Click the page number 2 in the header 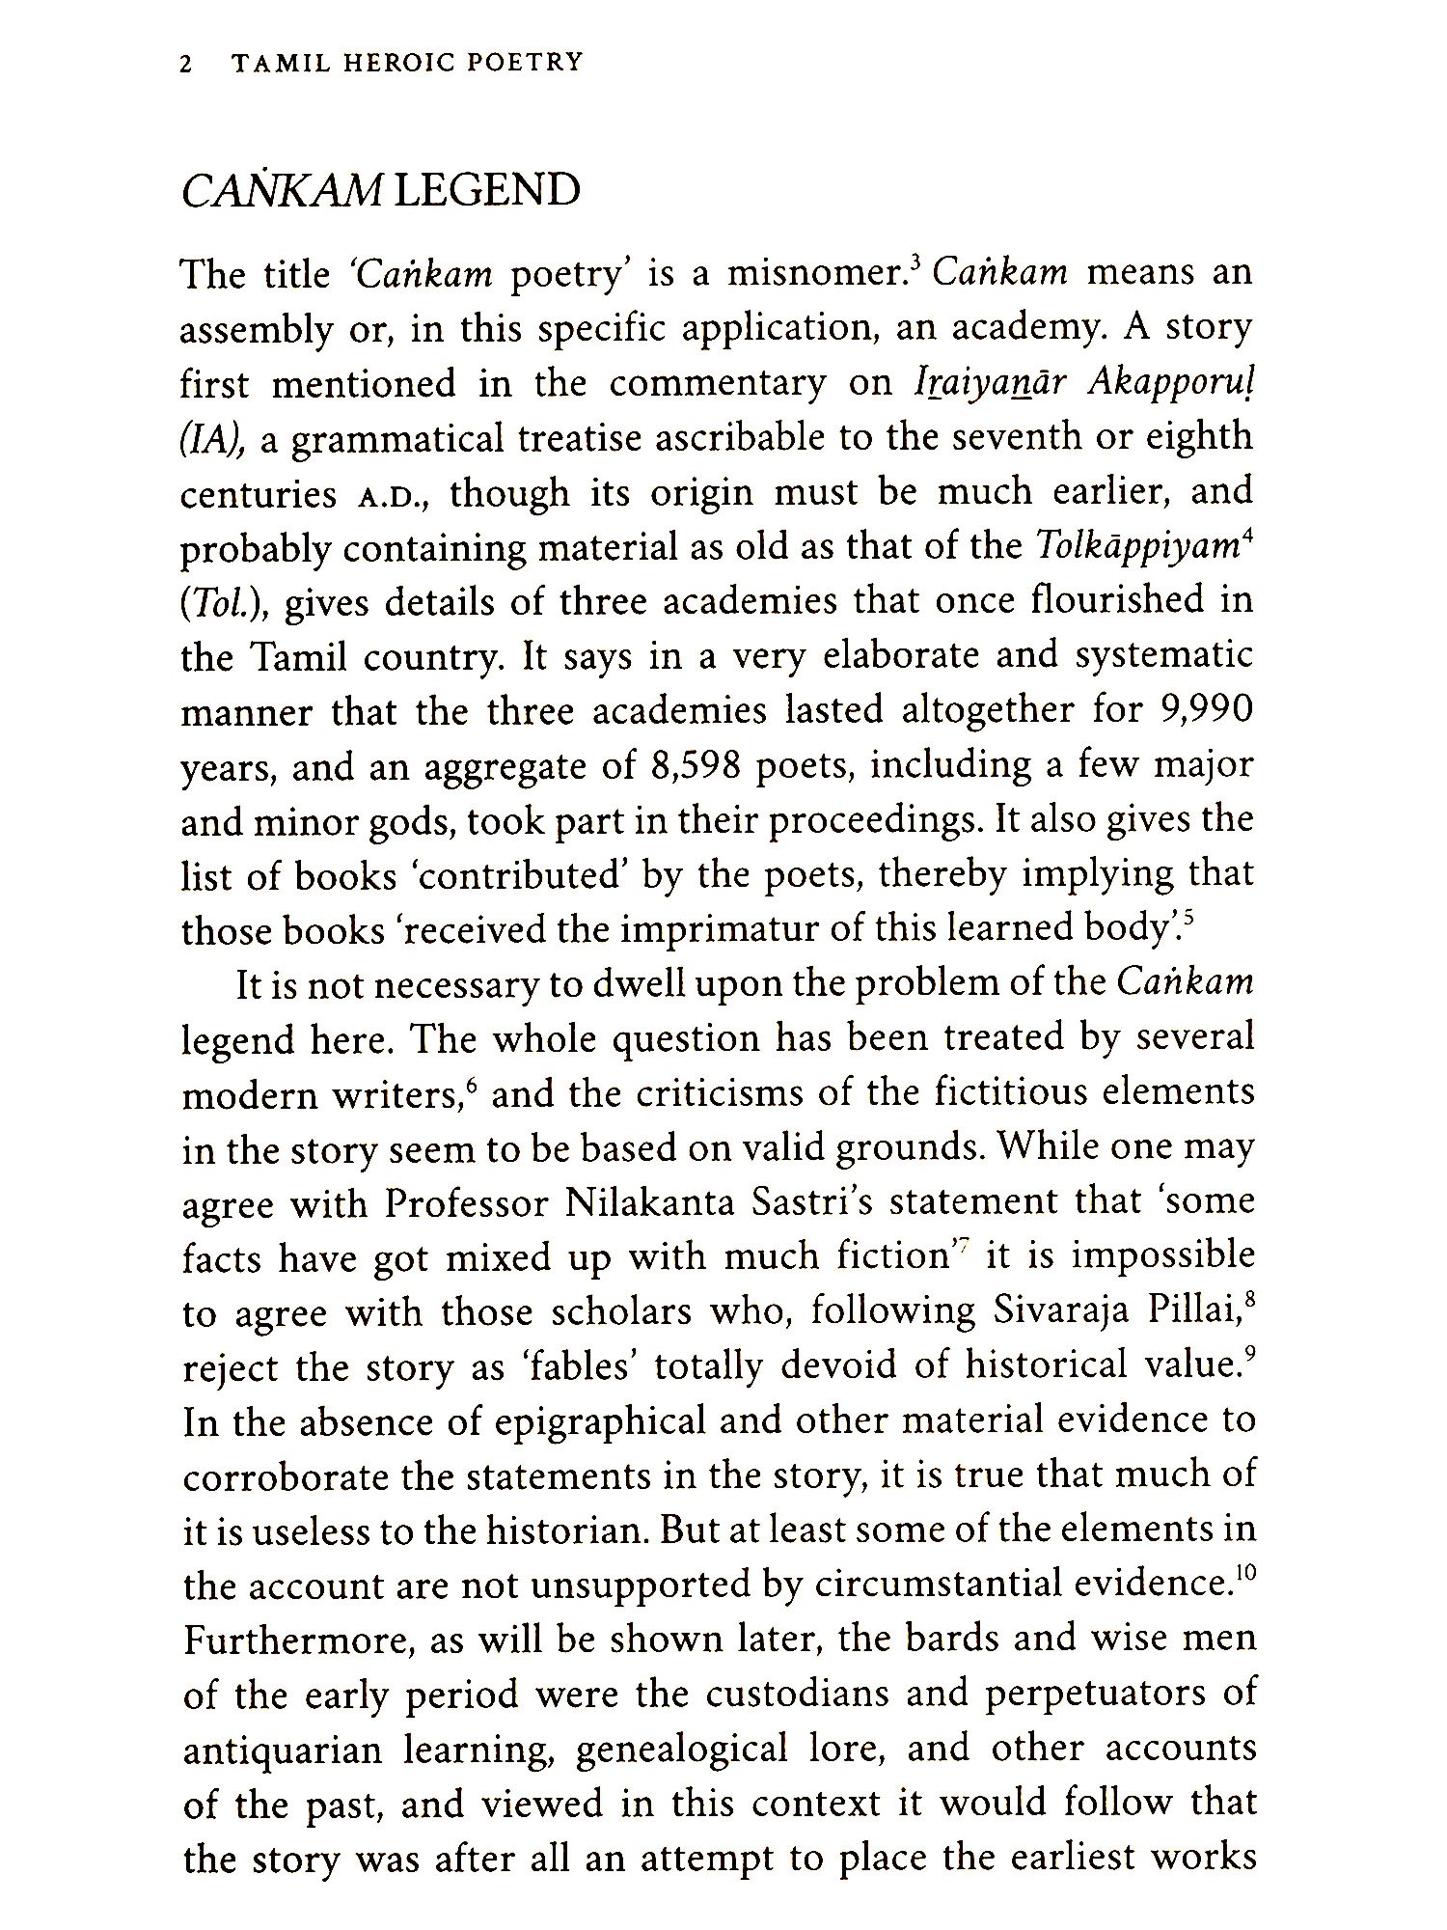click(187, 64)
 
